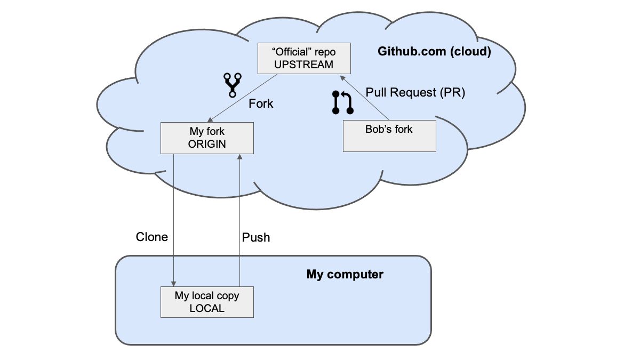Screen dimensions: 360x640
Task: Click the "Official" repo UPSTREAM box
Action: pos(304,58)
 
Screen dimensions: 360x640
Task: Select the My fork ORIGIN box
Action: pos(207,138)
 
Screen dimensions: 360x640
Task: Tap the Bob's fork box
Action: pos(389,135)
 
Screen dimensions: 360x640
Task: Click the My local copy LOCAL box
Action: pos(207,302)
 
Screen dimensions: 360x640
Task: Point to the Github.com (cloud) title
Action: pos(434,52)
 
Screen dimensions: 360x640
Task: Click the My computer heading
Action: pos(345,275)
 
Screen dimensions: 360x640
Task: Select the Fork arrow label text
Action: pos(261,103)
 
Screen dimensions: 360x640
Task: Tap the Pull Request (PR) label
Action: pos(415,92)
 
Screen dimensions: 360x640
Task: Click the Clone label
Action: pos(152,237)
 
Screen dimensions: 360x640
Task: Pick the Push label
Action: pos(256,237)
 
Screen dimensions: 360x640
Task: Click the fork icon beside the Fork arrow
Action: pos(231,85)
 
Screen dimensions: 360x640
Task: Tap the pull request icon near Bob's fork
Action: pos(343,102)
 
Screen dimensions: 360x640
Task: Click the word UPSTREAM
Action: pos(303,65)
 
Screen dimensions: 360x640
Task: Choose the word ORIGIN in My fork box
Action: pos(207,144)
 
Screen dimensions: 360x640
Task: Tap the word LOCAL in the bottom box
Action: pos(207,308)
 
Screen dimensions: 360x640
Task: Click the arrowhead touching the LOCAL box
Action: pos(173,284)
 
